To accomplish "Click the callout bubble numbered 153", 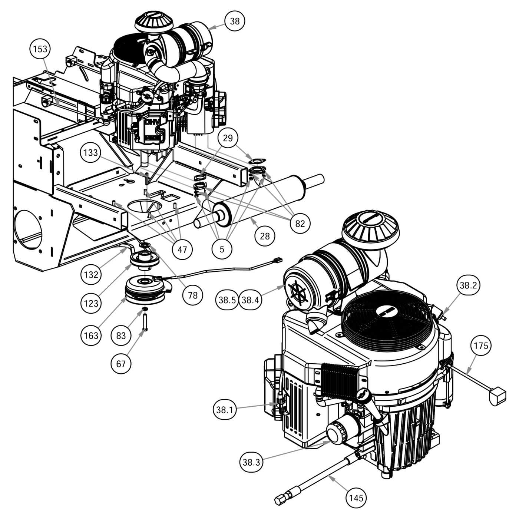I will coord(40,49).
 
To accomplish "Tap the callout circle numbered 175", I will coord(481,346).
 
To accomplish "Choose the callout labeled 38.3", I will coord(251,462).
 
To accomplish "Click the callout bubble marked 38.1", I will coord(225,410).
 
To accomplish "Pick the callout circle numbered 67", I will coord(121,364).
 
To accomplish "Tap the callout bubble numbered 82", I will coord(300,223).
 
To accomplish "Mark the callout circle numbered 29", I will coord(228,138).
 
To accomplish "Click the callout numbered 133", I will coord(90,152).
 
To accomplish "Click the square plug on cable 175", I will coord(497,396).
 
